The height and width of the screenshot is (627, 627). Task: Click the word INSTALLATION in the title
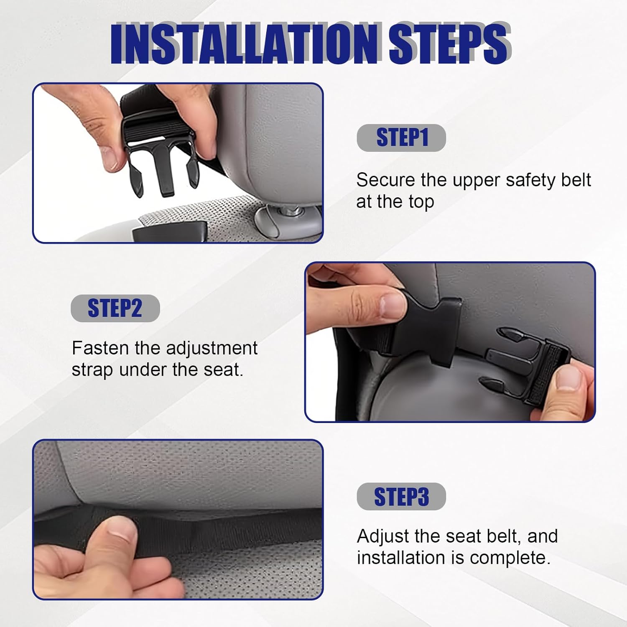(x=245, y=43)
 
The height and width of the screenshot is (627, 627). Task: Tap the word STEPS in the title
(x=450, y=43)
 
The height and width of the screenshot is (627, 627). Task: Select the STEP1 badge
(x=401, y=138)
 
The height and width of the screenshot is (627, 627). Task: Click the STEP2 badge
(x=115, y=308)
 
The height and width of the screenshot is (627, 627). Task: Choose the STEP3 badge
(x=401, y=497)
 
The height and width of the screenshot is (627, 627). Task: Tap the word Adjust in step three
(x=383, y=537)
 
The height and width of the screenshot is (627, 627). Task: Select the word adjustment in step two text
(x=212, y=349)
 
